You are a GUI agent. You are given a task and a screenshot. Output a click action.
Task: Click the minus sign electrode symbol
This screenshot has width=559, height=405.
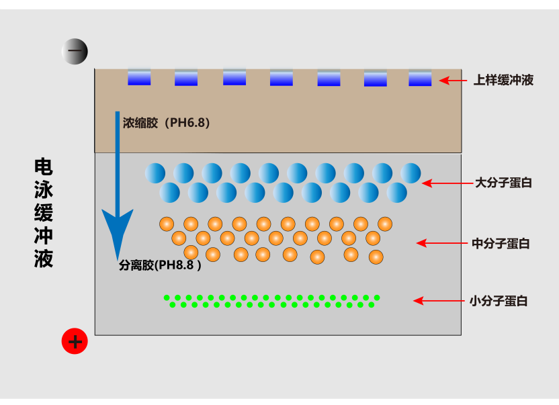pyautogui.click(x=75, y=51)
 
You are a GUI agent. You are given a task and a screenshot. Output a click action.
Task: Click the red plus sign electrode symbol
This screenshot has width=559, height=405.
pyautogui.click(x=75, y=342)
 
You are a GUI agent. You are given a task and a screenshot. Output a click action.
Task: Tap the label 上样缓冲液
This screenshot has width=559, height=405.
pyautogui.click(x=503, y=81)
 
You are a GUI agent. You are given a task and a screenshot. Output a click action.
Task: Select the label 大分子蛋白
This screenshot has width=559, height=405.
pyautogui.click(x=503, y=183)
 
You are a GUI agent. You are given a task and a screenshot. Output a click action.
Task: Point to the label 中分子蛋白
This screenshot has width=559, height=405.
pyautogui.click(x=501, y=244)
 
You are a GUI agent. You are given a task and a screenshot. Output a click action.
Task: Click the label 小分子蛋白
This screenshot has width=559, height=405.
pyautogui.click(x=498, y=301)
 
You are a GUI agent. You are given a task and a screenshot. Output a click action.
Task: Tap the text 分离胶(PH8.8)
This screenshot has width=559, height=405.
pyautogui.click(x=160, y=265)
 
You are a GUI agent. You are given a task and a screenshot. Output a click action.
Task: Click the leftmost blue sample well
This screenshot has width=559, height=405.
pyautogui.click(x=139, y=77)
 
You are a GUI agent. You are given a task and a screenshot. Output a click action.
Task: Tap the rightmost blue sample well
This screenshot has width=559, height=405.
pyautogui.click(x=420, y=78)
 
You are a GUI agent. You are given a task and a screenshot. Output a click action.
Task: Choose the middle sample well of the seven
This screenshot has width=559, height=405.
pyautogui.click(x=282, y=78)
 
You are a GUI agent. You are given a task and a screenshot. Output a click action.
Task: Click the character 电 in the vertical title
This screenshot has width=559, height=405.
pyautogui.click(x=44, y=167)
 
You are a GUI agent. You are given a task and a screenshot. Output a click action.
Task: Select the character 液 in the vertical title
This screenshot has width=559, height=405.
pyautogui.click(x=44, y=259)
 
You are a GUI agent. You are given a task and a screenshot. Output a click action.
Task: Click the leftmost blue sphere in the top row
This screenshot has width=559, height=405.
pyautogui.click(x=155, y=173)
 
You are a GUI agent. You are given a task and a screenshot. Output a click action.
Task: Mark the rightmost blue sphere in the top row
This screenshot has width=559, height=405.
pyautogui.click(x=411, y=173)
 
